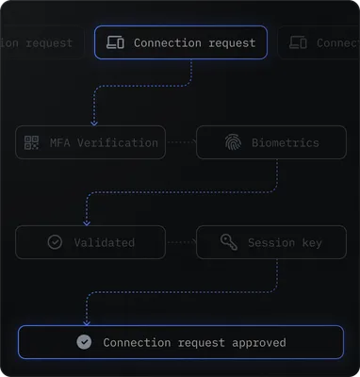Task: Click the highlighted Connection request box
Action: click(181, 42)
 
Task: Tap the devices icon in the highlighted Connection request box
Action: click(116, 42)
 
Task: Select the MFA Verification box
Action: click(90, 142)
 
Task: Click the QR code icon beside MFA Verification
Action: click(34, 143)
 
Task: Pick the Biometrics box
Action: click(270, 142)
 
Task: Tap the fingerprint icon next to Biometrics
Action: click(233, 143)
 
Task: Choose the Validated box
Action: click(90, 242)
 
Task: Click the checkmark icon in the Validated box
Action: click(55, 242)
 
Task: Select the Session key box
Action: click(270, 242)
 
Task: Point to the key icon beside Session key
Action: click(228, 242)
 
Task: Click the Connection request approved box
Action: click(181, 342)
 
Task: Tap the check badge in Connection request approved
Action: click(84, 342)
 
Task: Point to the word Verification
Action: click(118, 143)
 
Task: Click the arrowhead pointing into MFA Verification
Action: click(92, 123)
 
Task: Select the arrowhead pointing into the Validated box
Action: click(87, 222)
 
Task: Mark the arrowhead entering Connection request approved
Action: click(87, 322)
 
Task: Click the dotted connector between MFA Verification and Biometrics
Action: click(180, 142)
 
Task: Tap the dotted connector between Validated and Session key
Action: click(180, 242)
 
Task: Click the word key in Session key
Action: click(310, 243)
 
